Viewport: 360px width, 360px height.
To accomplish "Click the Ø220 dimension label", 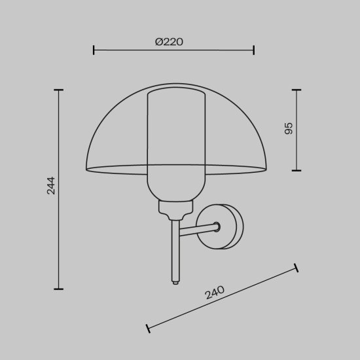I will click(169, 42).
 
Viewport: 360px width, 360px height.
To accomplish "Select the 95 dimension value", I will click(289, 128).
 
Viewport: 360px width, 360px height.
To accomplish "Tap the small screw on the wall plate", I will click(217, 227).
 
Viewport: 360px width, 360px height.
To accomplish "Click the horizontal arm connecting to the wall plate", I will click(196, 230).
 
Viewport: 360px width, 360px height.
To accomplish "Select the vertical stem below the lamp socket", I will click(174, 249).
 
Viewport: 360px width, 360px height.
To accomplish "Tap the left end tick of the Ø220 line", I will click(94, 50).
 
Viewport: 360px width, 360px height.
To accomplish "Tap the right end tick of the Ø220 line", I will click(253, 50).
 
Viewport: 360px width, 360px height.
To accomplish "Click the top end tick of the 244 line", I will click(59, 90).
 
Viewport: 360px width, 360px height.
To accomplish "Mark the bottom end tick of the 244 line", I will click(59, 288).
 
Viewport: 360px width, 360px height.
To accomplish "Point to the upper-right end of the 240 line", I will click(296, 267).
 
